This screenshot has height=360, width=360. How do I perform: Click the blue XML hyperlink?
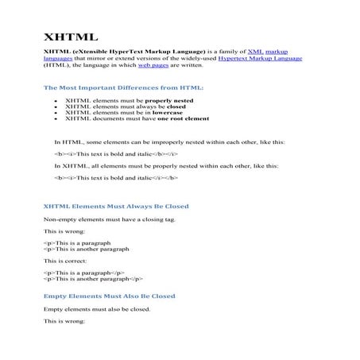[x=255, y=51]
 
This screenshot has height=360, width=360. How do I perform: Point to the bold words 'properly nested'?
[x=167, y=102]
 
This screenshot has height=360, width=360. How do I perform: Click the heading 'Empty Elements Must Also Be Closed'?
[x=109, y=296]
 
